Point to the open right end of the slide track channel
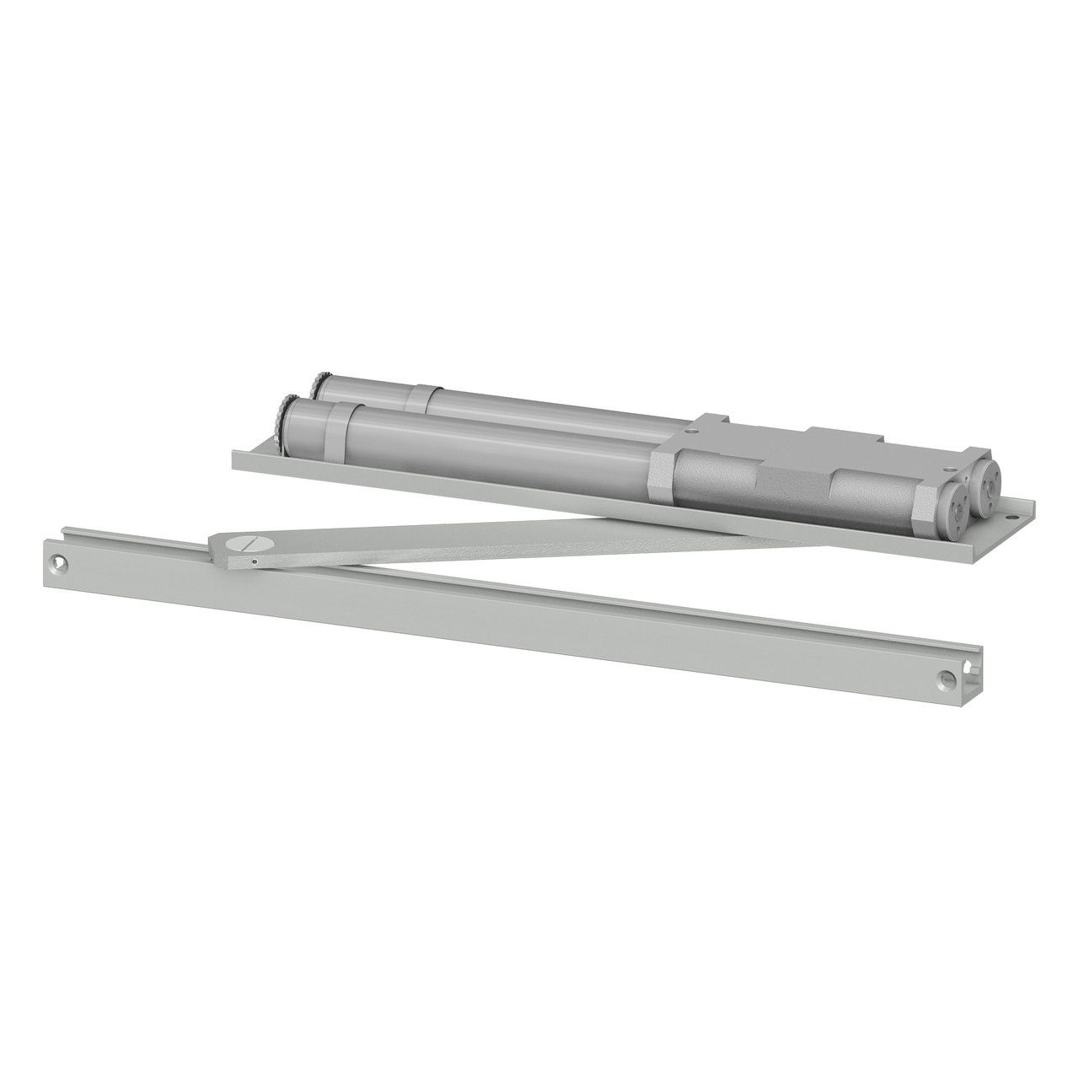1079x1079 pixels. (978, 675)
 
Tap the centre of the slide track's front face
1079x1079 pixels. (506, 620)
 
